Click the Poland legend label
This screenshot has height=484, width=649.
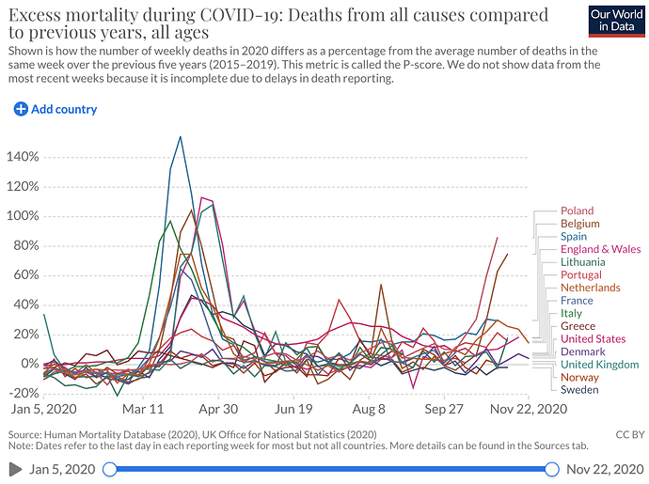point(577,211)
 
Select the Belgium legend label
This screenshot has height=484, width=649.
point(579,225)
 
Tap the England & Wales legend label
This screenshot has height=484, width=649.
point(599,250)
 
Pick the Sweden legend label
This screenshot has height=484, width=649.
point(579,390)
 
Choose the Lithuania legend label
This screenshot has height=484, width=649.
point(584,262)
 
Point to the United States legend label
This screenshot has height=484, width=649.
point(593,339)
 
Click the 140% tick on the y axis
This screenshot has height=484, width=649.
point(23,156)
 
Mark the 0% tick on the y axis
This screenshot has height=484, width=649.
point(28,364)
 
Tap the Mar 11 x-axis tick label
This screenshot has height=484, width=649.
point(144,410)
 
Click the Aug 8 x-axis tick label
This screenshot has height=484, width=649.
point(369,410)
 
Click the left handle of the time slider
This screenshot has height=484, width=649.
point(110,469)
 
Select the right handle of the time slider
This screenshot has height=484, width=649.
point(554,469)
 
